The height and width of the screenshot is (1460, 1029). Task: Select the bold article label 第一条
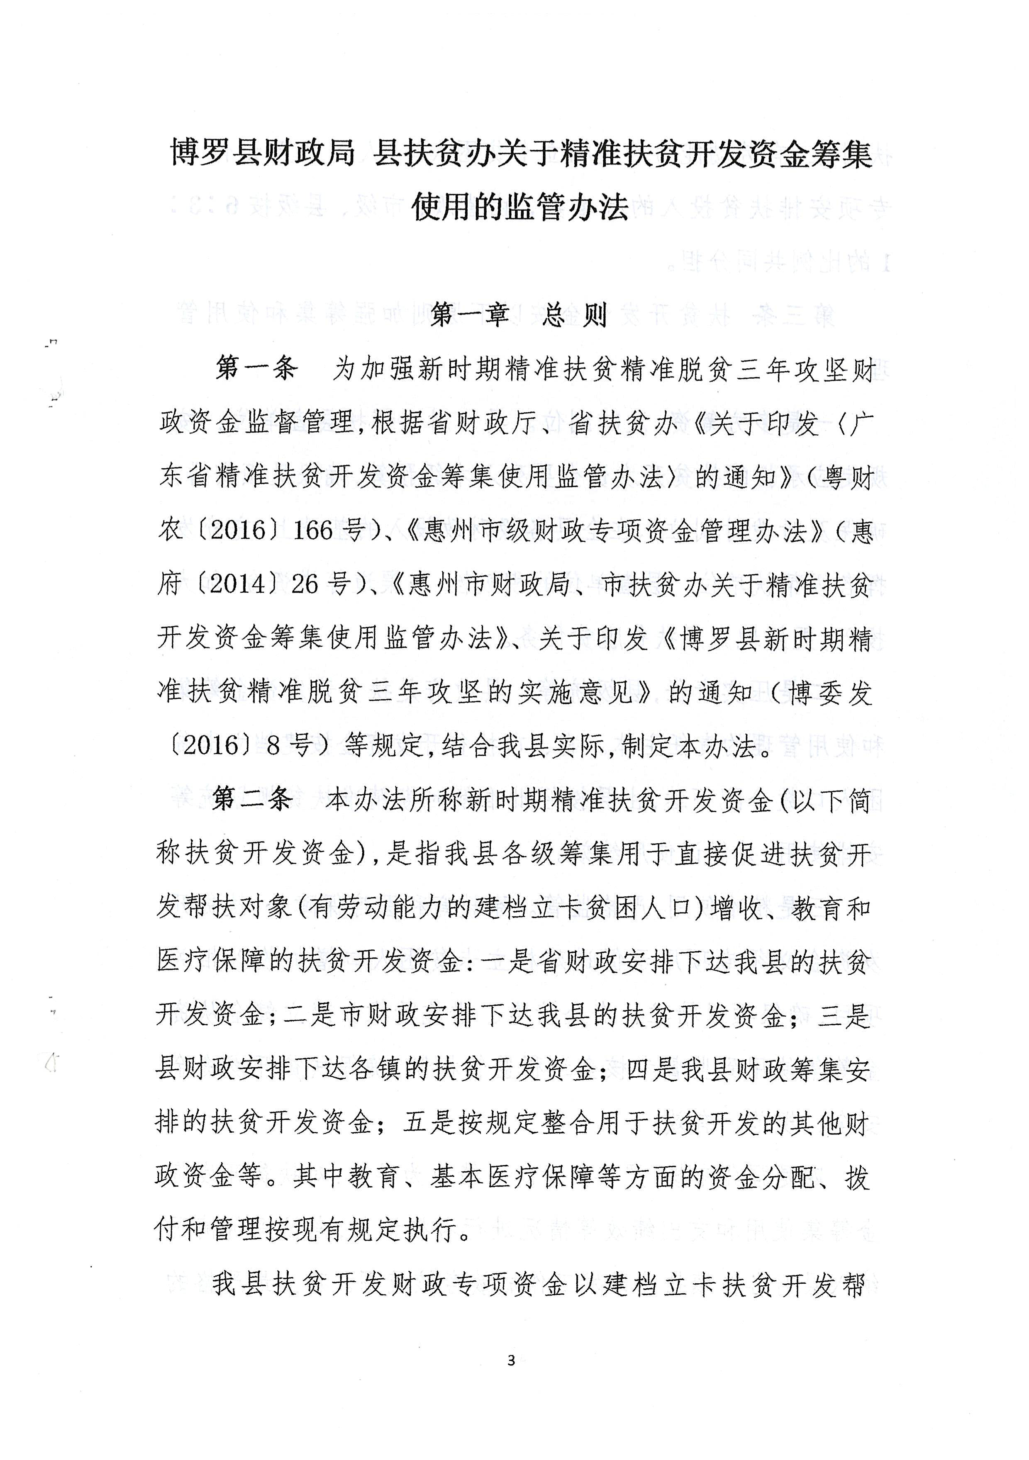point(256,368)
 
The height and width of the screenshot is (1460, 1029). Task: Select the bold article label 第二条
point(253,800)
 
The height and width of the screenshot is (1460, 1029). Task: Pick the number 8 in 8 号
point(273,745)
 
